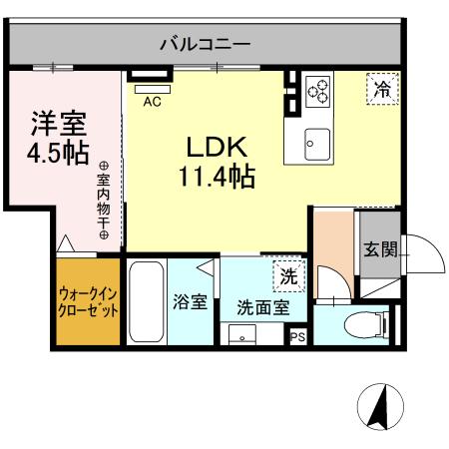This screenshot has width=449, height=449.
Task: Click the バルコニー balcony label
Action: (206, 44)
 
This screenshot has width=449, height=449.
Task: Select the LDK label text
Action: (216, 147)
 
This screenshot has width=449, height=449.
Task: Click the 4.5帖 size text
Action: (58, 155)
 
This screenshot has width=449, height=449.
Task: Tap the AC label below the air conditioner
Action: (152, 101)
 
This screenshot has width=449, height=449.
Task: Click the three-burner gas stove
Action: (319, 91)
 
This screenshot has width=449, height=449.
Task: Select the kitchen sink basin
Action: (318, 143)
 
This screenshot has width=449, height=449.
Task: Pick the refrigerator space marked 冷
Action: (382, 89)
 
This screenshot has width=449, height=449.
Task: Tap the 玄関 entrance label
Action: (379, 249)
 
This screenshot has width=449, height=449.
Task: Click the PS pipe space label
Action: (297, 337)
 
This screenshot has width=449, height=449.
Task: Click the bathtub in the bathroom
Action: (146, 301)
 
